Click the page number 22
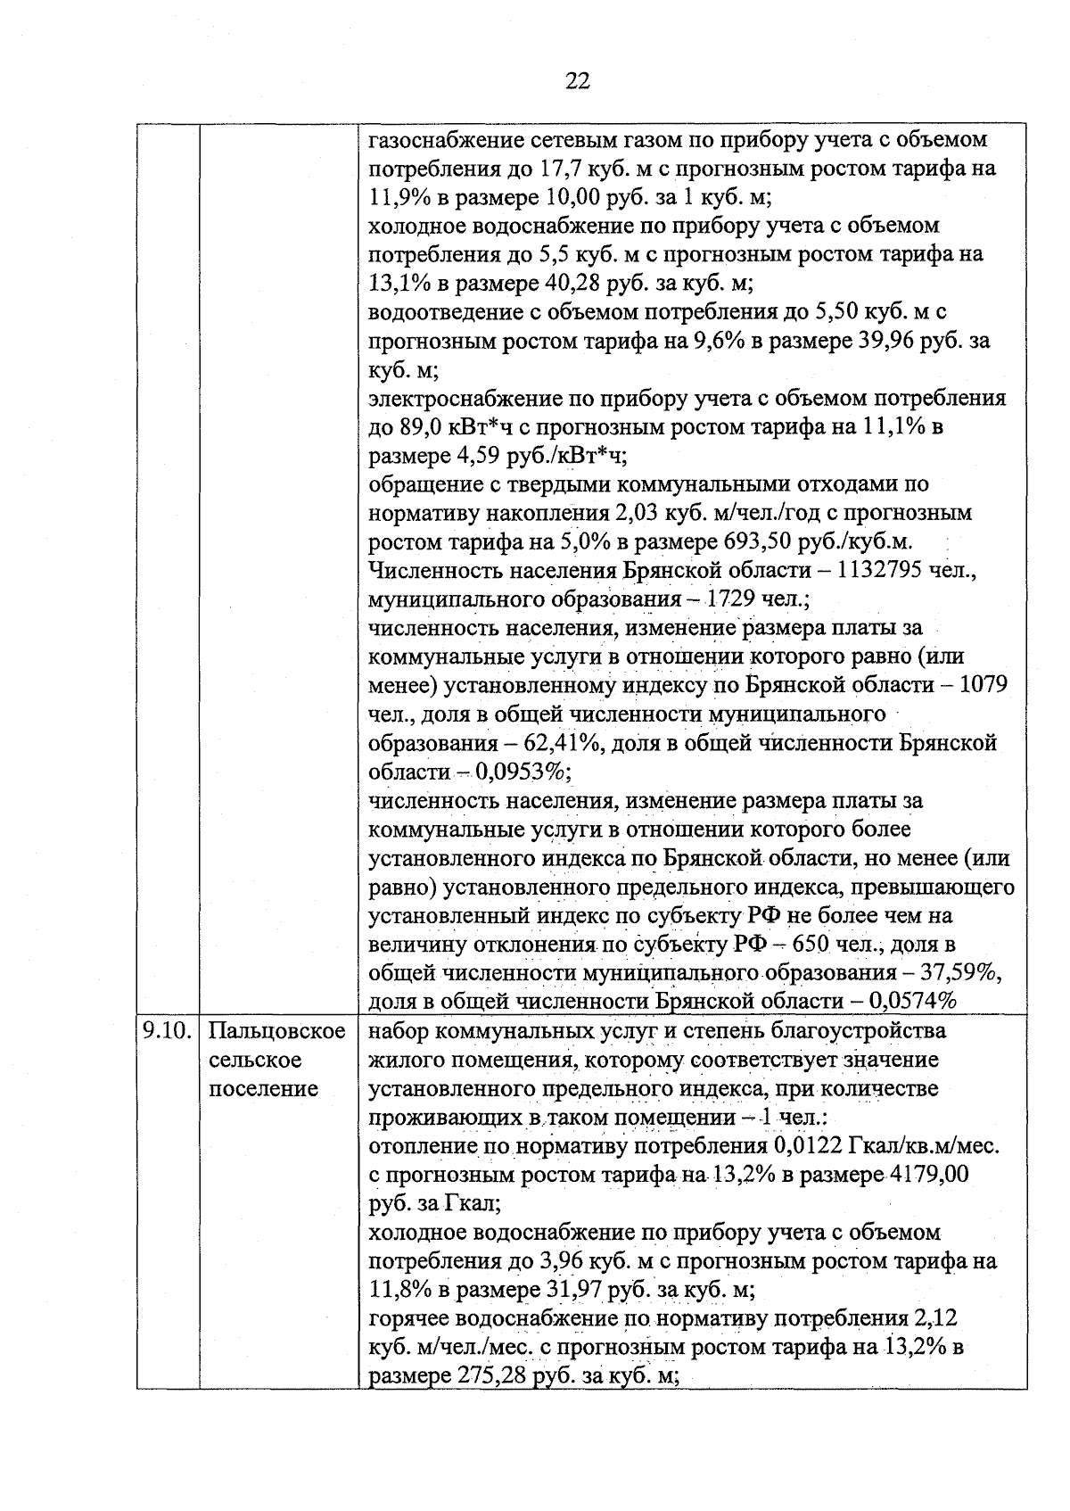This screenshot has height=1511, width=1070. point(577,82)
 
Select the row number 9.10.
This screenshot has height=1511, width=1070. point(168,1032)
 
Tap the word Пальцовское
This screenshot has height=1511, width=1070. point(277,1032)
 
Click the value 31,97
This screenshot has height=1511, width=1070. point(572,1290)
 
